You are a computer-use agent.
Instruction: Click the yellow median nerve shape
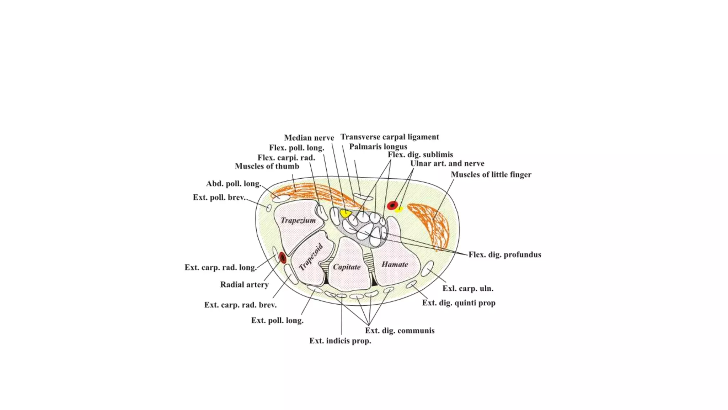tap(345, 213)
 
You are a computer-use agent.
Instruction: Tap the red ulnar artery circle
tap(392, 205)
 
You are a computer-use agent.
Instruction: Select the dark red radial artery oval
tap(283, 257)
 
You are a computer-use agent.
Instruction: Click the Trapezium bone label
tap(298, 220)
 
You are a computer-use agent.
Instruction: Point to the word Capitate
tap(347, 267)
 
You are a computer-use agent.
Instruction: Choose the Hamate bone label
tap(395, 264)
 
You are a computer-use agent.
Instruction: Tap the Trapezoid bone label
tap(311, 257)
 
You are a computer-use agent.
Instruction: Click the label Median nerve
tap(309, 138)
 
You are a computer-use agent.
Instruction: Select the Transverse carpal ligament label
tap(390, 137)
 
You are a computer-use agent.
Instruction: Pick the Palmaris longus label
tap(378, 147)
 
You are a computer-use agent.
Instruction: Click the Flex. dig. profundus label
tap(504, 254)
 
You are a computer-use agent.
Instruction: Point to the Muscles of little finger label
tap(491, 174)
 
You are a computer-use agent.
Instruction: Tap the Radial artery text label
tap(244, 284)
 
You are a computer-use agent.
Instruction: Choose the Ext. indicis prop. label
tap(340, 341)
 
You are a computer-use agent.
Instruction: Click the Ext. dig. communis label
tap(400, 331)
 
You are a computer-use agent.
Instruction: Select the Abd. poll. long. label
tap(234, 184)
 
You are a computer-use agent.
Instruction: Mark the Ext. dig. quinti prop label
tap(459, 303)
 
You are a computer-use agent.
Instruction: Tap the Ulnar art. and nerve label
tap(447, 164)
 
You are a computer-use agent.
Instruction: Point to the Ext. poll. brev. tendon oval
tap(269, 208)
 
